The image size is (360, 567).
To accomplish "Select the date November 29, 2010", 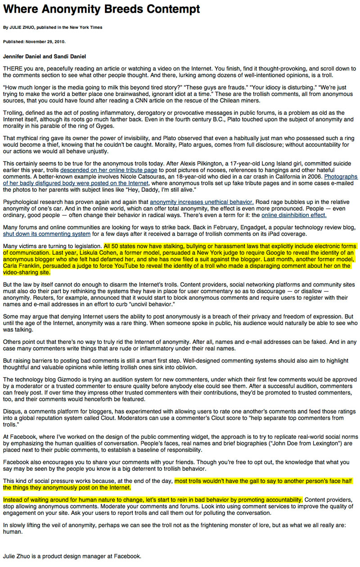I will (47, 42).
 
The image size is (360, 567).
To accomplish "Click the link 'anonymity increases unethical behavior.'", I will (202, 202).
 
